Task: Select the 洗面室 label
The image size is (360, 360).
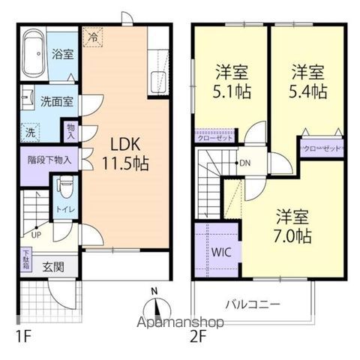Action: (x=56, y=100)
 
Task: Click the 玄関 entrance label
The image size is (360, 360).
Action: (x=52, y=265)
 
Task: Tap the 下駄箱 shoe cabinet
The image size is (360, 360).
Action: (x=26, y=259)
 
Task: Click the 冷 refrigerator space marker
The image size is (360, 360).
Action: (x=93, y=35)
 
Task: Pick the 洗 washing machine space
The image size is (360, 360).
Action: (x=29, y=129)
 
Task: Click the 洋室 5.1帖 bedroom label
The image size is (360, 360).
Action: (x=231, y=81)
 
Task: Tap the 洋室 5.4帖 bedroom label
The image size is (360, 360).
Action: (x=308, y=81)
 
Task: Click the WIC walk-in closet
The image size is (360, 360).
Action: (x=220, y=253)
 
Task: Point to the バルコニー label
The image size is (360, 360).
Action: (x=253, y=305)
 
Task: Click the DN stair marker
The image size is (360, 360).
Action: (x=244, y=163)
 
